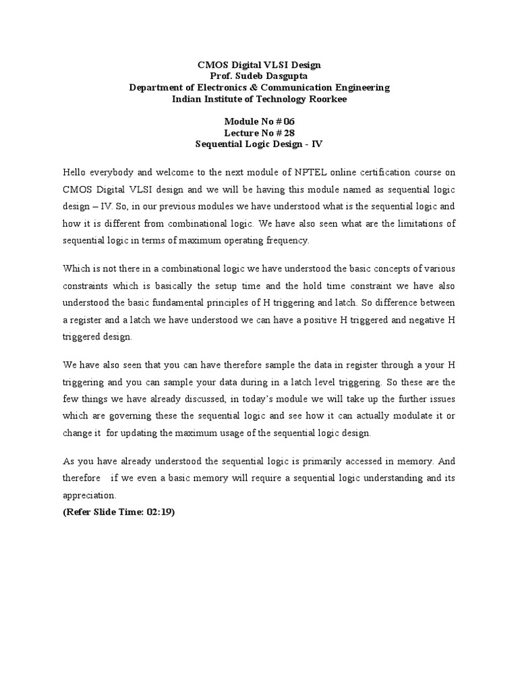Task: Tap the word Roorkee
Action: [x=327, y=99]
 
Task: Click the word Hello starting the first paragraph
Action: [x=76, y=172]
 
